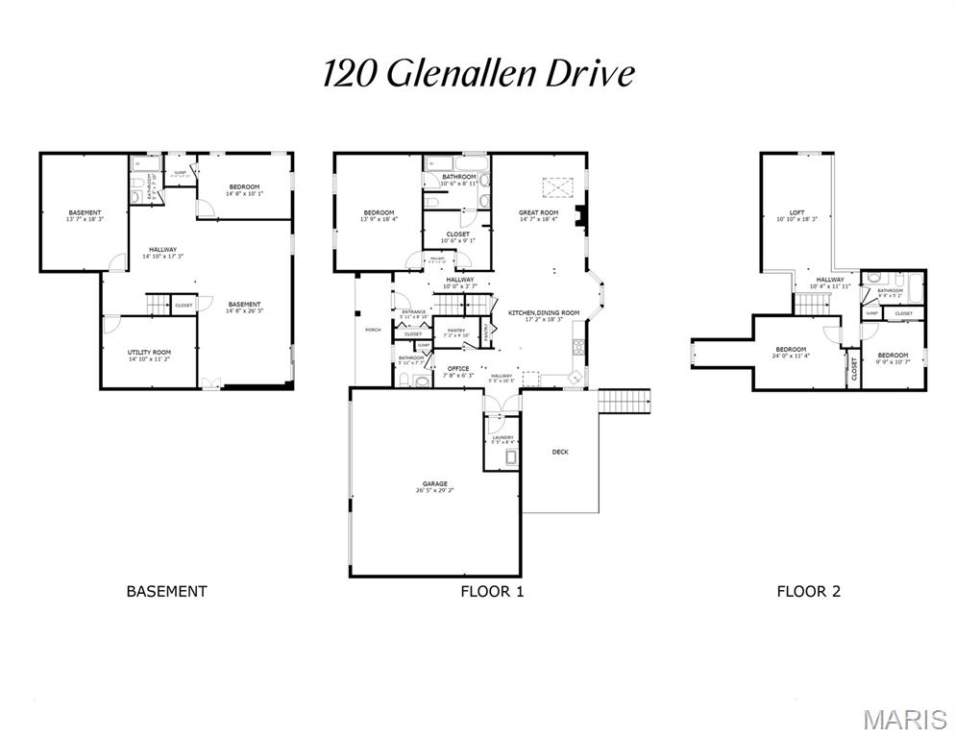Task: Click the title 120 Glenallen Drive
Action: [x=477, y=73]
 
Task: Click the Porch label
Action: [x=373, y=330]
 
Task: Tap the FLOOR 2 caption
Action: [x=808, y=592]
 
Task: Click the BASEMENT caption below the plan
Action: [x=166, y=592]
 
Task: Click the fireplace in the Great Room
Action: [x=578, y=217]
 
